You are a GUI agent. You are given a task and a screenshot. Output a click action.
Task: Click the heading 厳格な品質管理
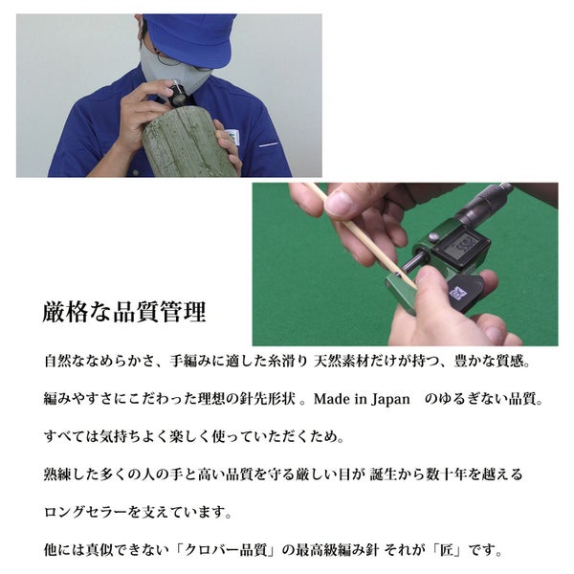[x=124, y=312]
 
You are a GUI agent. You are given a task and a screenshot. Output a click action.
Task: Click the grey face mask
[x=172, y=71]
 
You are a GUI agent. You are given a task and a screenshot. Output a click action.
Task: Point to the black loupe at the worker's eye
[x=180, y=95]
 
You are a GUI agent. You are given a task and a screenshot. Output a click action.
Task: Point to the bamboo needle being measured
[x=361, y=234]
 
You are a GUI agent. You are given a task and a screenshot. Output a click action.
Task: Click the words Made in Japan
[x=362, y=399]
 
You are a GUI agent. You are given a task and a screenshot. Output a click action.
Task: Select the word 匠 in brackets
[x=446, y=550]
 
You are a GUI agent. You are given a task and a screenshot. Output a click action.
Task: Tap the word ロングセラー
[x=86, y=512]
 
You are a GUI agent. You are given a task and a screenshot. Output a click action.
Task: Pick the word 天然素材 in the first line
[x=342, y=362]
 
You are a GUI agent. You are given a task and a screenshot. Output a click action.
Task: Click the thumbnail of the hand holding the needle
[x=406, y=264]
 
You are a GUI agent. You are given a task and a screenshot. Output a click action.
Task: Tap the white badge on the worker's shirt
[x=232, y=137]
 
